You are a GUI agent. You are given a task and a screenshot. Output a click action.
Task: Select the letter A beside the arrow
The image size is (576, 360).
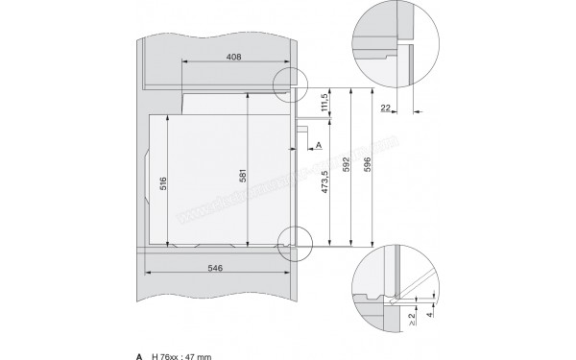point(318,145)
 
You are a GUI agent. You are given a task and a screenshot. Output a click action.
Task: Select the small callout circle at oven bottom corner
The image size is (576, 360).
point(294,241)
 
